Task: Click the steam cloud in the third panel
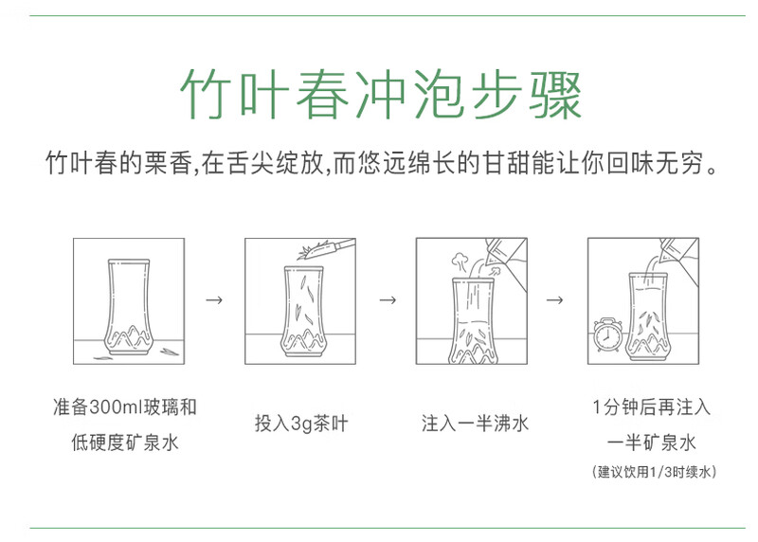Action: (460, 262)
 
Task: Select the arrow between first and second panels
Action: (214, 300)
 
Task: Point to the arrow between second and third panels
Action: (388, 300)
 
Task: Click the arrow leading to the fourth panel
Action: (554, 300)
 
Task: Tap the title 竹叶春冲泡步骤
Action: (381, 95)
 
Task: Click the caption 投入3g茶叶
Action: (301, 423)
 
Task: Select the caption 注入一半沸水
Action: (475, 423)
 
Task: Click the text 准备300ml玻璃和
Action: (125, 406)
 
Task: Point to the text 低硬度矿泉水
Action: (125, 443)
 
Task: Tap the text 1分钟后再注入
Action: (652, 406)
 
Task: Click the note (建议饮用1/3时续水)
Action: (654, 472)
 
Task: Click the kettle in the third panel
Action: (505, 262)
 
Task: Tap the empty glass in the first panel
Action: (128, 307)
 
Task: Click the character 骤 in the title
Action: (555, 95)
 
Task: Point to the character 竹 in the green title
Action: (207, 95)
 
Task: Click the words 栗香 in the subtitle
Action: (168, 162)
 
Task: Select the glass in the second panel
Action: (303, 312)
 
